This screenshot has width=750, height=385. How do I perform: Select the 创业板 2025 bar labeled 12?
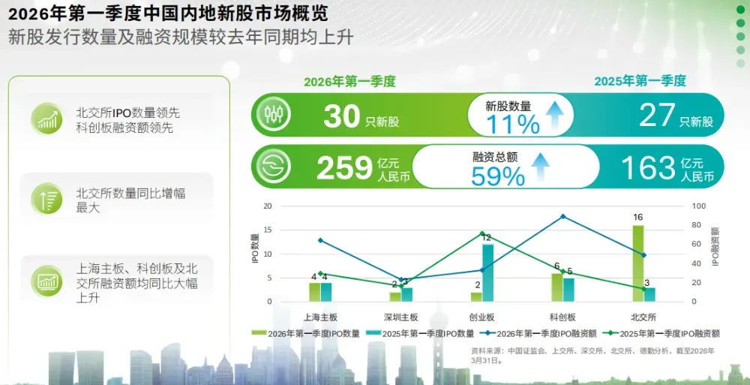[488, 272]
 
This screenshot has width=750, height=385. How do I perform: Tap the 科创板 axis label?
[562, 317]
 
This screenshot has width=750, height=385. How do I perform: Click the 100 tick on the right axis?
[698, 206]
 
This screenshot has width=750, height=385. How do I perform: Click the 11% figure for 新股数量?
[513, 124]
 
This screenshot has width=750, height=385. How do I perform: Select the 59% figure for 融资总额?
[498, 176]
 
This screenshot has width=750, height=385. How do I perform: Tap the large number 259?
[344, 168]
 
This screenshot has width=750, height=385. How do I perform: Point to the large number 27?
[658, 116]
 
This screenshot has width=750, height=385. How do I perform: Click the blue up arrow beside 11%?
[555, 116]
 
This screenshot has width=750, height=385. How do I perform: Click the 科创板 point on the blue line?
[562, 216]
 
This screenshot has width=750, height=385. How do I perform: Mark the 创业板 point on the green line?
[482, 233]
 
